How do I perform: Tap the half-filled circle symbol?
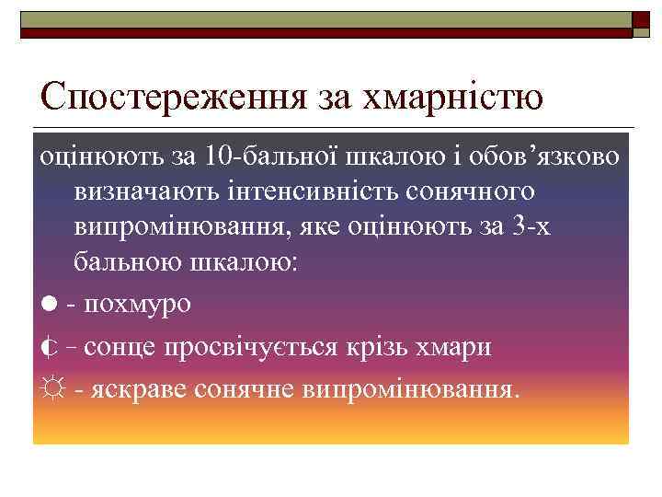click(47, 347)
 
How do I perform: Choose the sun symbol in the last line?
click(48, 389)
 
